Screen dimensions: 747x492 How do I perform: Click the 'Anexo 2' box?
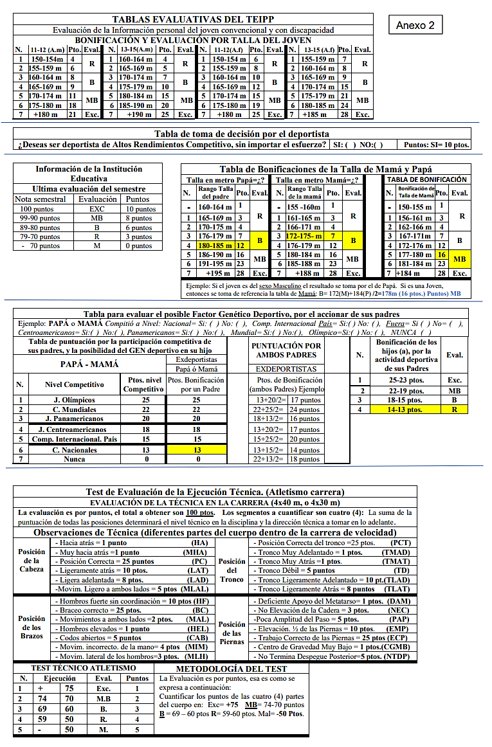tap(415, 25)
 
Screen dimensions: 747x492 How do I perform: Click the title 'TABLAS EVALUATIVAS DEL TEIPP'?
tap(192, 20)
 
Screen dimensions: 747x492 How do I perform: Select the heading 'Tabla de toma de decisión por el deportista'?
tap(242, 134)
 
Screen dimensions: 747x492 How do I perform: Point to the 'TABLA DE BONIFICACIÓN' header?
tap(426, 179)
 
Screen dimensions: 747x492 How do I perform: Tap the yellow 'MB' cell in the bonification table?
tap(459, 258)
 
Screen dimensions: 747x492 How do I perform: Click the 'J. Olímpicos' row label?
tap(74, 400)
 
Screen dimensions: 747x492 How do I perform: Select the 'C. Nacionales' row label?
tap(74, 450)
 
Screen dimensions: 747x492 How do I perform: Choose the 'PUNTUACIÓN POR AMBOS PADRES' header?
tap(286, 350)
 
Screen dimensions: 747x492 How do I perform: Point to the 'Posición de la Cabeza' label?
tap(32, 560)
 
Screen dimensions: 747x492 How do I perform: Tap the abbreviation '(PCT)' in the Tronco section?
tap(396, 543)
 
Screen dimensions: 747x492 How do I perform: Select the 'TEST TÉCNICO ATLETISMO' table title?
tap(84, 668)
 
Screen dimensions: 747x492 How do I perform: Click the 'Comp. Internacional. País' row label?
tap(74, 439)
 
